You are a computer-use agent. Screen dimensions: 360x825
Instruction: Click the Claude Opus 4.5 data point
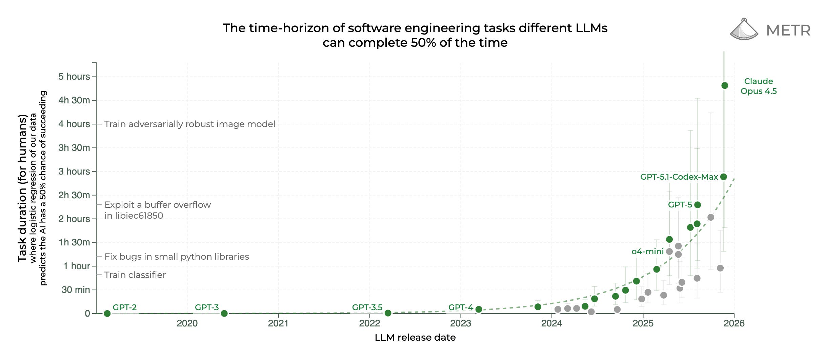coord(725,85)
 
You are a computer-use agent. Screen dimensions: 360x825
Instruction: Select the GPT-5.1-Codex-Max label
coord(679,177)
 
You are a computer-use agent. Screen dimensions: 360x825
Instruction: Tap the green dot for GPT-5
coord(698,205)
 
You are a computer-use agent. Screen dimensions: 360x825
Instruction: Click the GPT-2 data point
coord(107,314)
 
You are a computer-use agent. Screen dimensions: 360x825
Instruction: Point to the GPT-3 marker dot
coord(224,314)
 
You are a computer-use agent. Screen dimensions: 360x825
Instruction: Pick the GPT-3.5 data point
coord(388,313)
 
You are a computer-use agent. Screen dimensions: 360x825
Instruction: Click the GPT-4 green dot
coord(479,309)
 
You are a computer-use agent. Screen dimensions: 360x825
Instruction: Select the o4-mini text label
coord(647,252)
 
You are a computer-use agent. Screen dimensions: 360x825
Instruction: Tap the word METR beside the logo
coord(788,31)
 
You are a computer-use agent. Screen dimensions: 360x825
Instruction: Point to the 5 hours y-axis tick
coord(74,77)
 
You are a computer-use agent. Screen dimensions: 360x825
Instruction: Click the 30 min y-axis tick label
coord(76,290)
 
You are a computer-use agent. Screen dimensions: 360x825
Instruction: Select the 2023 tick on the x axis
coord(460,323)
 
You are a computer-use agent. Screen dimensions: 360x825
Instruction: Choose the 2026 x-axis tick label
coord(734,323)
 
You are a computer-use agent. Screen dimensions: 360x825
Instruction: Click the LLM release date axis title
coord(415,338)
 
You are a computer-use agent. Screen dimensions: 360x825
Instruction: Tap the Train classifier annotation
coord(135,275)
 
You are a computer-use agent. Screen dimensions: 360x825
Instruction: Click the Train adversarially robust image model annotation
coord(189,124)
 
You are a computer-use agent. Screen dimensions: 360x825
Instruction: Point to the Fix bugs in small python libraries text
coord(177,257)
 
